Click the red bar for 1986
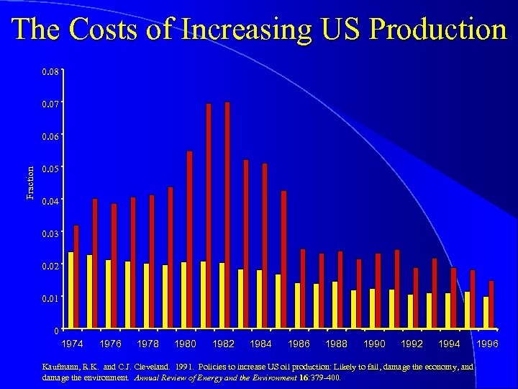click(303, 288)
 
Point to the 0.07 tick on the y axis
click(50, 104)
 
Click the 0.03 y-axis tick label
click(50, 233)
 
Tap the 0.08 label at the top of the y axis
click(50, 72)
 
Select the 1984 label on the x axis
click(261, 344)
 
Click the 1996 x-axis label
click(487, 344)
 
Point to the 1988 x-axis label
click(336, 344)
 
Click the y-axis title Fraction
click(30, 183)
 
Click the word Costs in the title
click(104, 30)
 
